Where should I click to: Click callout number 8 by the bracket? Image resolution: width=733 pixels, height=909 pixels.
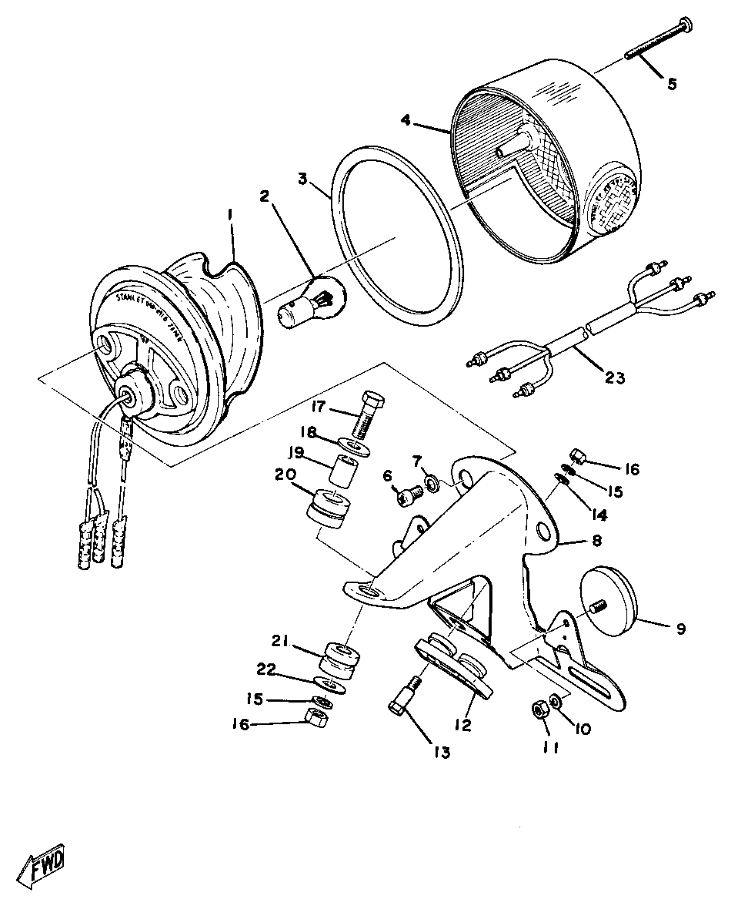pos(597,541)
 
